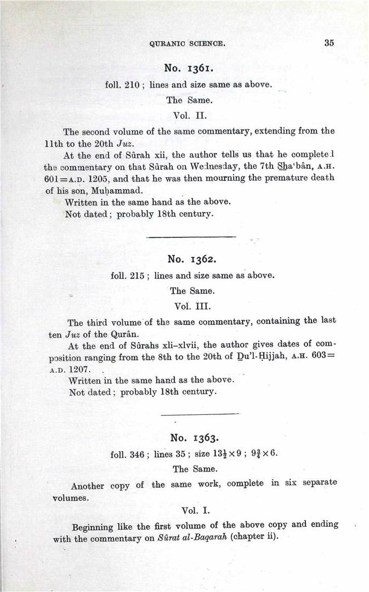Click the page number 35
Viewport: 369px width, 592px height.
[329, 43]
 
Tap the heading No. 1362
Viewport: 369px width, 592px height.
[192, 259]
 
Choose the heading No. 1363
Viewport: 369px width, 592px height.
[195, 437]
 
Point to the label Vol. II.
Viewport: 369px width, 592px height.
[190, 116]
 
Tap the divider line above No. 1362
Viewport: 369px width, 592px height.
[192, 237]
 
